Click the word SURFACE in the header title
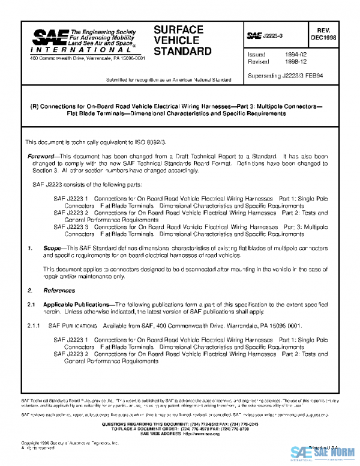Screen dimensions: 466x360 click(x=178, y=29)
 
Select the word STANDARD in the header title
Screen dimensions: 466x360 click(x=182, y=51)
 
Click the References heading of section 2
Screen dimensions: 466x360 click(x=55, y=291)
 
